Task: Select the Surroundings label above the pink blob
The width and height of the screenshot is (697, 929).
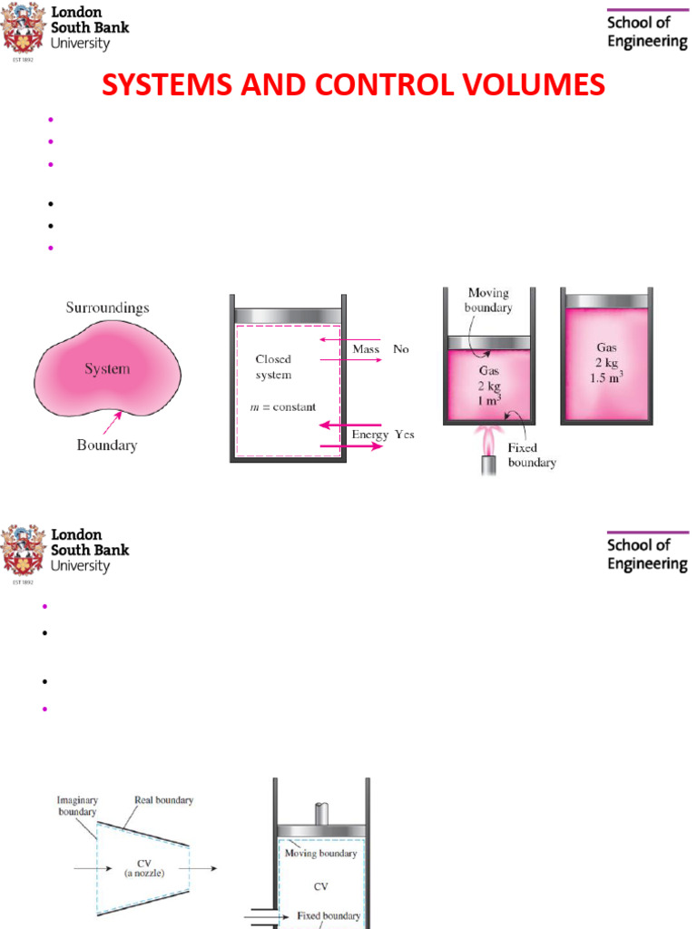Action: coord(107,308)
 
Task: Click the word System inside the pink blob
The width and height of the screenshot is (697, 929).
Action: coord(107,369)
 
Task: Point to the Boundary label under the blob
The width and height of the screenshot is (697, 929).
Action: coord(107,445)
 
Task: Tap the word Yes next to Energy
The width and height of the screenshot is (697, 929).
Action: coord(404,435)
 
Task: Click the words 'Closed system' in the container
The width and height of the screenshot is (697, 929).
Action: coord(273,367)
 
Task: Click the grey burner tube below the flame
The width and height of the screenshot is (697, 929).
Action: coord(488,466)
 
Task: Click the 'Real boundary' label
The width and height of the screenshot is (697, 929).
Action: coord(163,800)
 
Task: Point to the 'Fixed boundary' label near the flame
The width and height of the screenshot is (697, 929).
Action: coord(532,455)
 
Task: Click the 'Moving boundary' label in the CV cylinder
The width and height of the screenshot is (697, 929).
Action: coord(320,853)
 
